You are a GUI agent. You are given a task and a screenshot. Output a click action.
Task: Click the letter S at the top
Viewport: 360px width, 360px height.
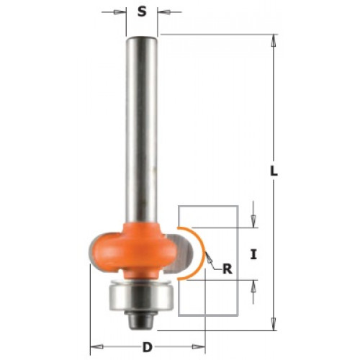[142, 12]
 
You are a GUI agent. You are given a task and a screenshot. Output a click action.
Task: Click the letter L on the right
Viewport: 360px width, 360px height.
[274, 171]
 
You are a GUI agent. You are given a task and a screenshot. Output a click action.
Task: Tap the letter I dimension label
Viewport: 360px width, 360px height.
[253, 254]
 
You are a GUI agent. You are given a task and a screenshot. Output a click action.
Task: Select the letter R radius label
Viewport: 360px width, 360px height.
[228, 269]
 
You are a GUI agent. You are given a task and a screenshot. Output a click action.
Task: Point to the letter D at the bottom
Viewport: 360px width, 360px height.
[148, 347]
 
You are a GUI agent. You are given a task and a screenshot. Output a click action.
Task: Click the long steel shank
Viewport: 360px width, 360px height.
[142, 130]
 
